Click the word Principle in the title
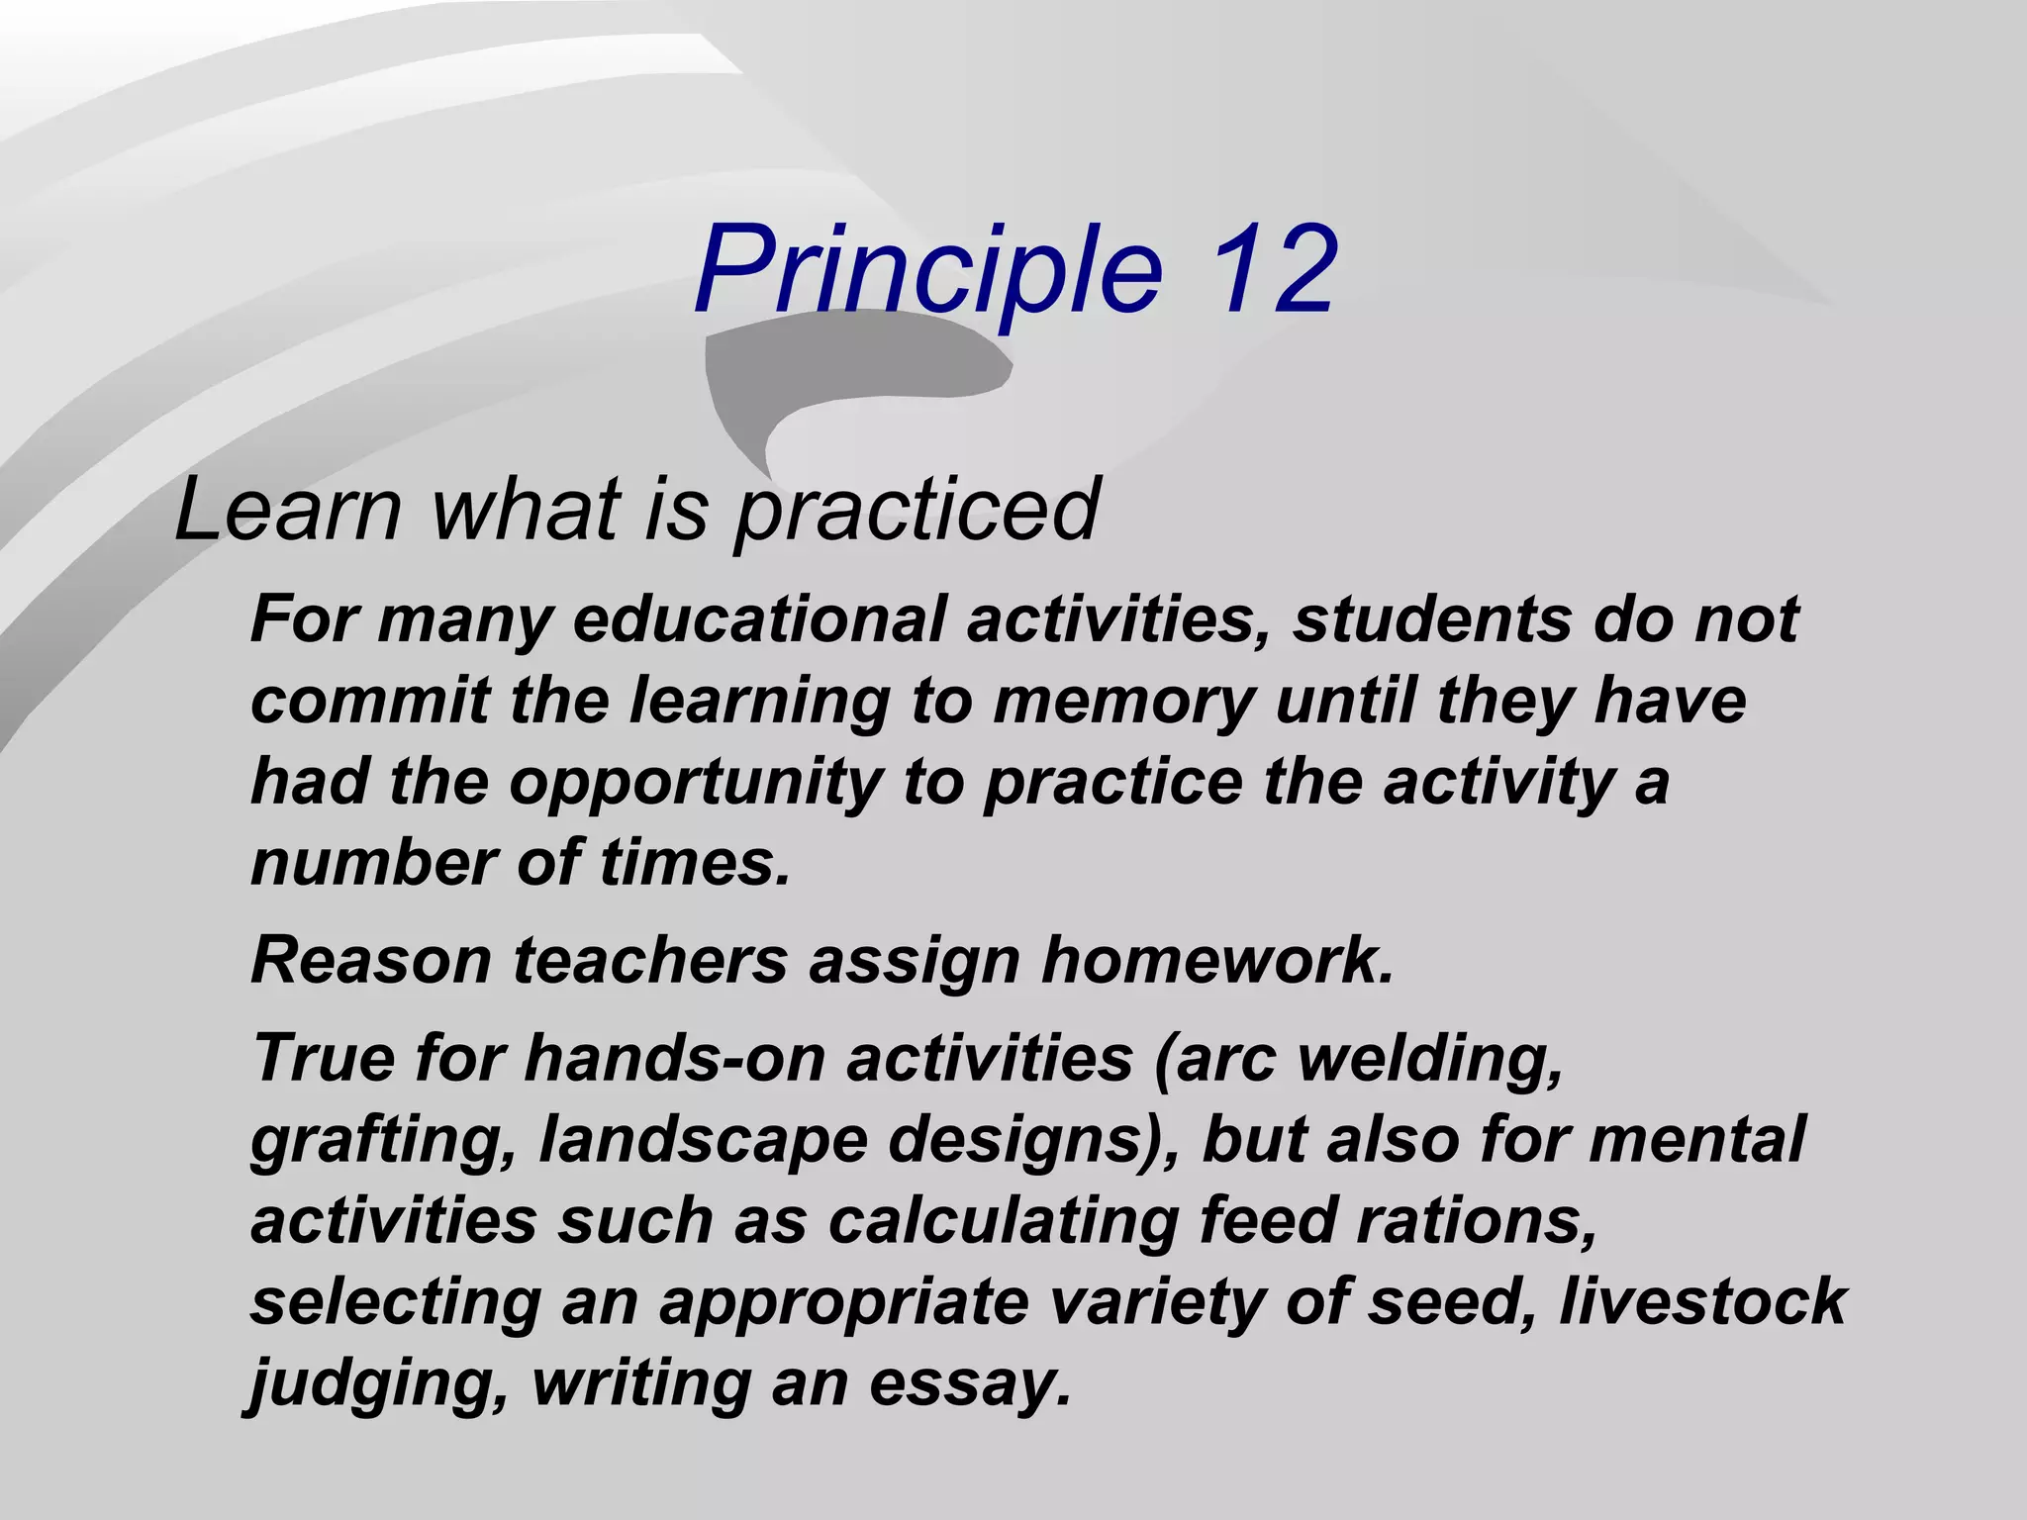tap(928, 269)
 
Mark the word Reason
tap(371, 960)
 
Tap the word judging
tap(380, 1383)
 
